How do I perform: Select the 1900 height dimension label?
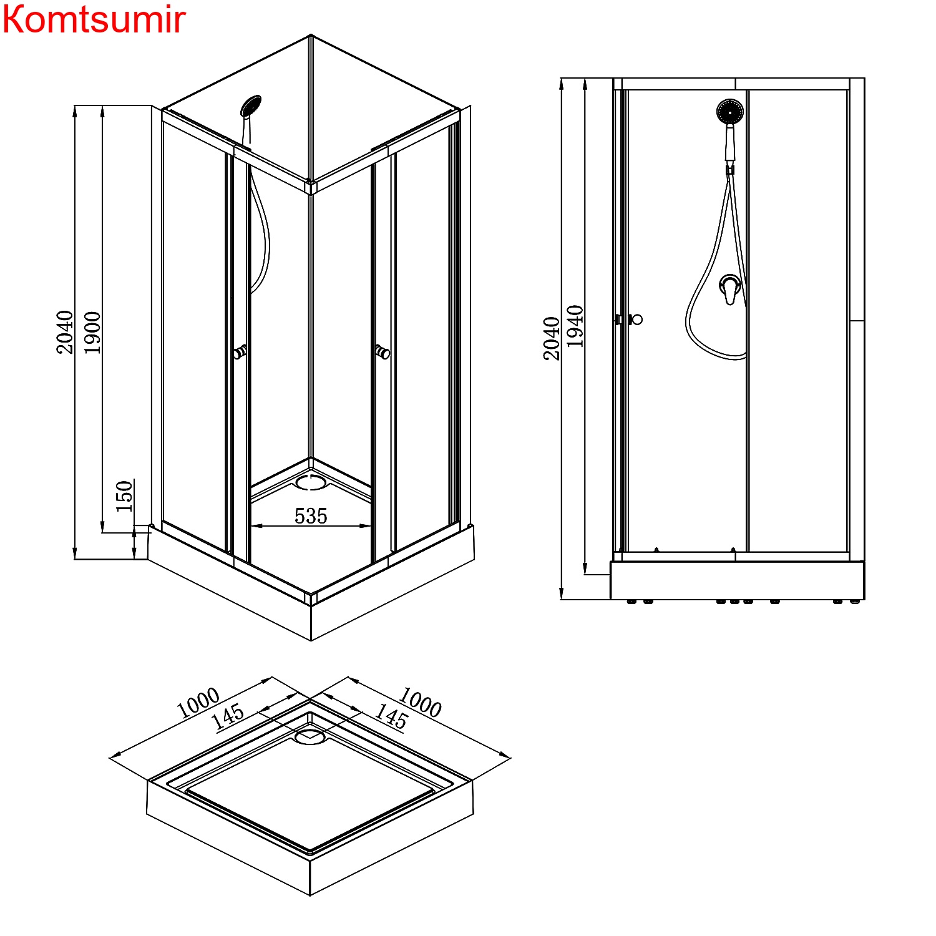pos(92,333)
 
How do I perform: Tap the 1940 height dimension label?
pos(575,326)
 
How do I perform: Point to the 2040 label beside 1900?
pos(65,333)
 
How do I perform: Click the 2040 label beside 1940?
pos(552,339)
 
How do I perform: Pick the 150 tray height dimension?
pos(125,496)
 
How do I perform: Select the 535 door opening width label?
pos(311,516)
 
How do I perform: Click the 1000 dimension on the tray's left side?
pos(198,703)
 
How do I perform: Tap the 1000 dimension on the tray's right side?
pos(420,702)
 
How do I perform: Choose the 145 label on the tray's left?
pos(228,717)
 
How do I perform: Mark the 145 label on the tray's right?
pos(391,717)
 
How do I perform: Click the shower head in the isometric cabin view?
pos(251,105)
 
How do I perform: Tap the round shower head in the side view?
pos(729,112)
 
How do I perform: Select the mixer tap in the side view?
pos(730,288)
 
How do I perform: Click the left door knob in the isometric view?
pos(240,353)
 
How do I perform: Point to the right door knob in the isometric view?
pos(383,353)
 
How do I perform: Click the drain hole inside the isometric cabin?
pos(311,482)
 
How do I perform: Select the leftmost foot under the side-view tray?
pos(632,602)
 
